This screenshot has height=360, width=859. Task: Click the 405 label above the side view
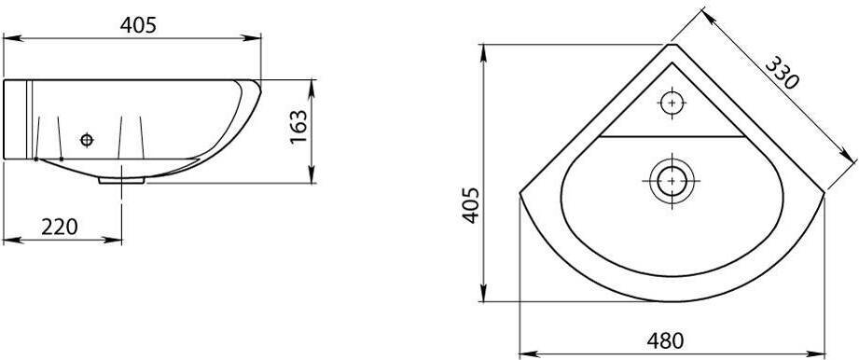click(x=138, y=25)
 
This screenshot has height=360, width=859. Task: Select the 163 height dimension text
click(x=298, y=128)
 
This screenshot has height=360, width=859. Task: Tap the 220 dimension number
click(x=60, y=227)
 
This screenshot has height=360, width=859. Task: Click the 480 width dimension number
click(x=665, y=341)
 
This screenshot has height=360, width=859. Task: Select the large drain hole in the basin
click(x=672, y=181)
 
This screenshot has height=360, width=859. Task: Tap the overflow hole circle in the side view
click(x=87, y=140)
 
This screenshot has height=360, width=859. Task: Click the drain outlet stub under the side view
click(x=121, y=180)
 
